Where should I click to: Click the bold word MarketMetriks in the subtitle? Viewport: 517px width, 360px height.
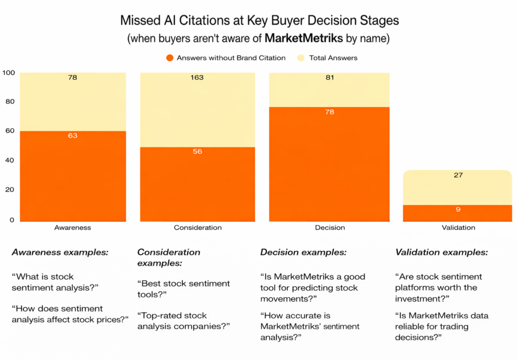[303, 38]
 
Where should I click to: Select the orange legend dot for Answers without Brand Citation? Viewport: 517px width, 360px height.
[170, 58]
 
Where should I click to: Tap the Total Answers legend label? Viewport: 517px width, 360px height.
[333, 58]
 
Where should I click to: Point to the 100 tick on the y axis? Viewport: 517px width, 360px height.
[9, 73]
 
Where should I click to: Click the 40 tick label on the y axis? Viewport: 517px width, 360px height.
[10, 160]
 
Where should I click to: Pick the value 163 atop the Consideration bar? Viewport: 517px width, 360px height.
[197, 77]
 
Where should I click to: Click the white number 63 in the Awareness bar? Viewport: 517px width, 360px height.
[73, 135]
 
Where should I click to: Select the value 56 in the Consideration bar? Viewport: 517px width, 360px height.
[197, 151]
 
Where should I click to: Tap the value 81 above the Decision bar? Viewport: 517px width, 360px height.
[330, 77]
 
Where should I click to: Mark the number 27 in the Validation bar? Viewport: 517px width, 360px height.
[458, 175]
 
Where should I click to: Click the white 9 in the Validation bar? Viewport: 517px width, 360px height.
[458, 210]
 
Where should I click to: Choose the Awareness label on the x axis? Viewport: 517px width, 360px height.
[73, 228]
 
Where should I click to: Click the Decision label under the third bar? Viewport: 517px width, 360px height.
[330, 228]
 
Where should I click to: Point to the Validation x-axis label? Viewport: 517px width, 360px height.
[458, 228]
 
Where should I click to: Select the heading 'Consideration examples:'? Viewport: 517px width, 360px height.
[169, 258]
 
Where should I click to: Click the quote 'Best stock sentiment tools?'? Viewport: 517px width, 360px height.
[184, 289]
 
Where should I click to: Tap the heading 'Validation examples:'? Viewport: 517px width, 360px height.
[441, 252]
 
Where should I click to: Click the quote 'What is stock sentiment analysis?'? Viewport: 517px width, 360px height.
[55, 282]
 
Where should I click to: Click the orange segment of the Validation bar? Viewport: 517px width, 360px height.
[457, 213]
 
